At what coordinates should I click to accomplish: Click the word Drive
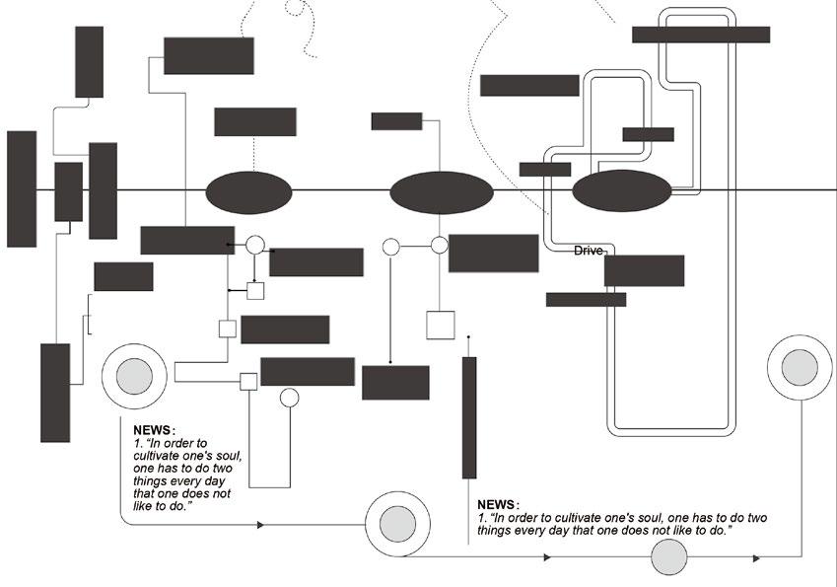589,252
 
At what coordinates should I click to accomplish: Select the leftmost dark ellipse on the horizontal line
248,191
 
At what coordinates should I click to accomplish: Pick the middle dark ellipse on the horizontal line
441,192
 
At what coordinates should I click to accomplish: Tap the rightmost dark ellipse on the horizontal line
622,191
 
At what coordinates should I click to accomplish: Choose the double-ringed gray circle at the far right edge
800,368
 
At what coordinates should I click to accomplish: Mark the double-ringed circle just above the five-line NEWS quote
134,376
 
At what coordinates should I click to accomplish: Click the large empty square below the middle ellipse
440,326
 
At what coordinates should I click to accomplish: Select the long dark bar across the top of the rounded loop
700,35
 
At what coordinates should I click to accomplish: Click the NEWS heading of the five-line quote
153,430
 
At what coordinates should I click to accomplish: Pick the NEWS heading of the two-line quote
497,504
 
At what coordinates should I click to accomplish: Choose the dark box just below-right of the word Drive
644,270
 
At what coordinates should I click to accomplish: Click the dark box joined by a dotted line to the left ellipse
255,121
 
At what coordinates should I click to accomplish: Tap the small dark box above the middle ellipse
396,121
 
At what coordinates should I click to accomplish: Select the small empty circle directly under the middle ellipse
440,245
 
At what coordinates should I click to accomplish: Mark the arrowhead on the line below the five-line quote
260,526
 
